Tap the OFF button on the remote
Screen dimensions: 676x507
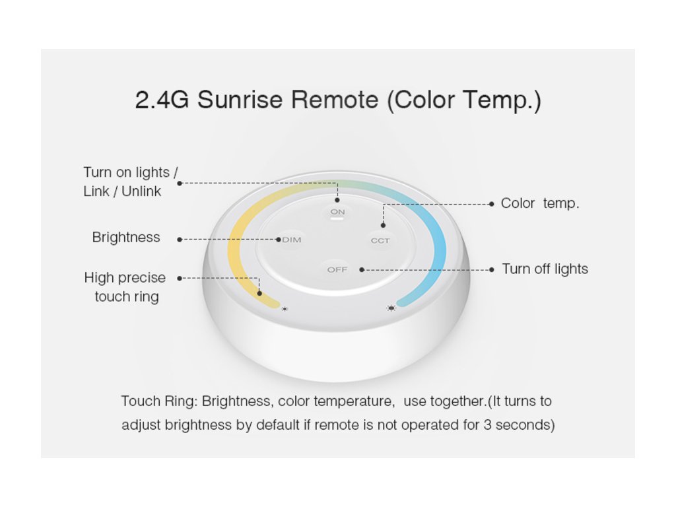[x=337, y=269]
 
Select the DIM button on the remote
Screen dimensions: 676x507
[x=291, y=240]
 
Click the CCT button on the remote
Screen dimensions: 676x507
[x=380, y=240]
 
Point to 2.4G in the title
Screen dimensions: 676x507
[x=162, y=100]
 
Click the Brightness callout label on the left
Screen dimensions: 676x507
[x=126, y=237]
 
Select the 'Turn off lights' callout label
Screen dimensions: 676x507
[x=545, y=269]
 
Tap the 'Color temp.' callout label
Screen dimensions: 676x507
[x=540, y=203]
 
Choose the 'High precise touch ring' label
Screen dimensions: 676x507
[x=125, y=287]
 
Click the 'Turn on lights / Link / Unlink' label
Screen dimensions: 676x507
[x=131, y=182]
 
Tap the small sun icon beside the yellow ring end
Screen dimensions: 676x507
[x=285, y=309]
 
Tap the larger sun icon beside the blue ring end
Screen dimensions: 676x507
[x=391, y=308]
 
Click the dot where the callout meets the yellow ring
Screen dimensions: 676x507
[x=259, y=293]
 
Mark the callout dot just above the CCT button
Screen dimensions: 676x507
[x=383, y=225]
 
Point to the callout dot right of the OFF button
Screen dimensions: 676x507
[x=362, y=270]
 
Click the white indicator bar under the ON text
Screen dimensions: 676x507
[x=337, y=218]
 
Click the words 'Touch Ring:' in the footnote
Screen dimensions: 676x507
[x=159, y=401]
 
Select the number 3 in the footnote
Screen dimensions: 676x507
[x=487, y=425]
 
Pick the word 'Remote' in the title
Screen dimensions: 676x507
[x=335, y=100]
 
